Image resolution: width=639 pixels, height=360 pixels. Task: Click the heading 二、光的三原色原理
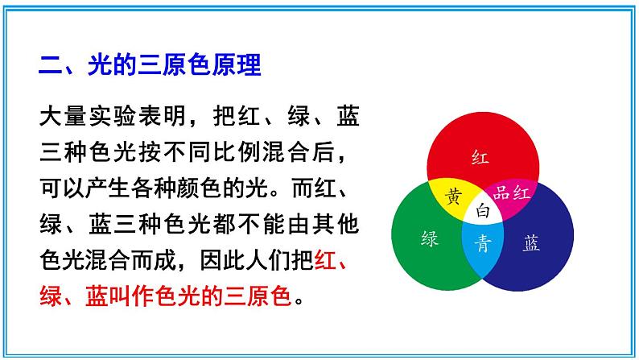tap(150, 64)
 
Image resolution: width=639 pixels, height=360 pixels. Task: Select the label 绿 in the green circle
tap(430, 238)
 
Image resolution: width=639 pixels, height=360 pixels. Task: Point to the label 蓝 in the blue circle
tap(532, 242)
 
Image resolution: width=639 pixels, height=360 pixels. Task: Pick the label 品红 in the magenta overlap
tap(510, 192)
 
